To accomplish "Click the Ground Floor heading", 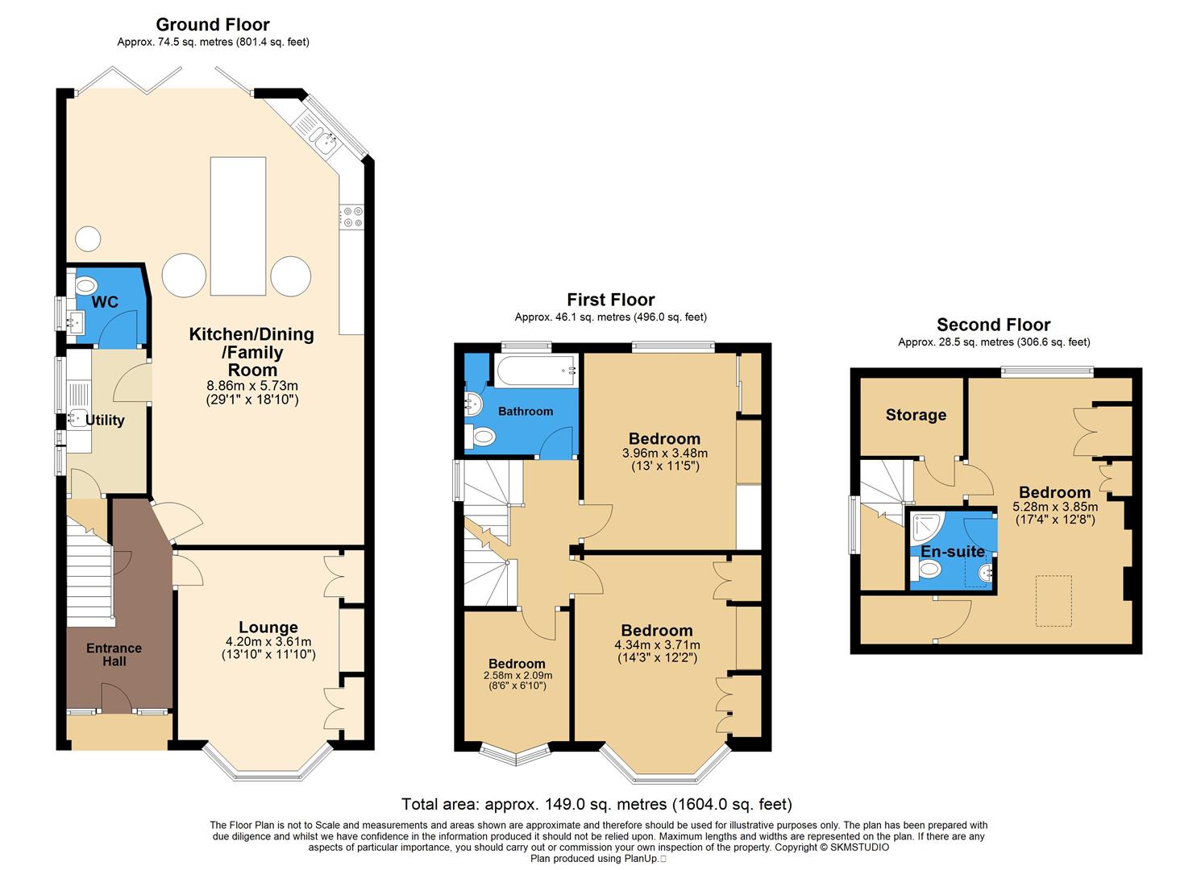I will click(213, 25).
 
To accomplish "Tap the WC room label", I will click(105, 302).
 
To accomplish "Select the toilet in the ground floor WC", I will click(84, 285).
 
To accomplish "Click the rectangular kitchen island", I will click(238, 226).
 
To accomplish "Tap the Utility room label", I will click(105, 420).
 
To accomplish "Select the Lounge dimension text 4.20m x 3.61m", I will click(268, 642).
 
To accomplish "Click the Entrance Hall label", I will click(114, 654).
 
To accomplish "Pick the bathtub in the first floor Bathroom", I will click(537, 371).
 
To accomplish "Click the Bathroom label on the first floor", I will click(526, 411).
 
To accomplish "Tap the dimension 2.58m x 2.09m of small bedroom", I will click(517, 675).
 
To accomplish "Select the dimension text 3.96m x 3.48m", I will click(664, 454).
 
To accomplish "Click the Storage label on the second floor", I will click(916, 415).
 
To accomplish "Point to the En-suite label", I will click(953, 552).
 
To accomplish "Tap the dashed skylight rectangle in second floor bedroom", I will click(1053, 601).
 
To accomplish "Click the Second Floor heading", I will click(993, 325).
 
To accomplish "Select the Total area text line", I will click(596, 804).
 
